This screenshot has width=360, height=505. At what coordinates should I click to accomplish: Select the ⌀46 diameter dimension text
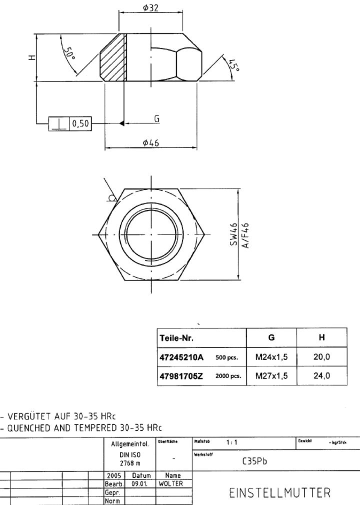tap(150, 143)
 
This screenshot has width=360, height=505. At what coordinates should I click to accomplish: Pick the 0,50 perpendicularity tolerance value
tap(81, 123)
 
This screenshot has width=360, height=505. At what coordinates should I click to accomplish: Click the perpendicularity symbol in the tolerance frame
tap(58, 123)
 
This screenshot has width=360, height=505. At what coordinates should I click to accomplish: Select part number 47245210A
tap(181, 357)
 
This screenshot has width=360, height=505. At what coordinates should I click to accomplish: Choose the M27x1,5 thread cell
tap(271, 376)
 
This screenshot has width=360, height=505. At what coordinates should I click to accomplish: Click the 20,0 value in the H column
tap(321, 357)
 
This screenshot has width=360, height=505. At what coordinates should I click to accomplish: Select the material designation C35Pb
tap(254, 461)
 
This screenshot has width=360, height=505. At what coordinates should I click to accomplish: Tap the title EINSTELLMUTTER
tap(280, 493)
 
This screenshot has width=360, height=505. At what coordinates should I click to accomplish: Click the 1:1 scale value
tap(232, 442)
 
